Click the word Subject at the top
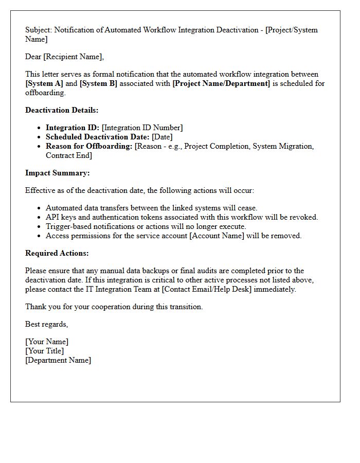pyautogui.click(x=39, y=30)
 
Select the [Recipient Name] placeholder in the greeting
pyautogui.click(x=74, y=57)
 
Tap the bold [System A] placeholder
pyautogui.click(x=44, y=83)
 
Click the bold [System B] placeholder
pyautogui.click(x=98, y=83)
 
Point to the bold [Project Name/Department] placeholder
pyautogui.click(x=221, y=83)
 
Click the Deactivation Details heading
pyautogui.click(x=62, y=110)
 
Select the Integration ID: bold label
pyautogui.click(x=73, y=128)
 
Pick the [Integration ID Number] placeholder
pyautogui.click(x=142, y=128)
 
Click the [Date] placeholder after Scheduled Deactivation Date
pyautogui.click(x=162, y=137)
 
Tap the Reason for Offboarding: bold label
pyautogui.click(x=89, y=146)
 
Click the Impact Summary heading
pyautogui.click(x=57, y=173)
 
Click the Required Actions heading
pyautogui.click(x=57, y=253)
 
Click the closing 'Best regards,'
pyautogui.click(x=46, y=324)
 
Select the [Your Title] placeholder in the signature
pyautogui.click(x=44, y=351)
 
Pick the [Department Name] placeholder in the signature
pyautogui.click(x=58, y=360)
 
